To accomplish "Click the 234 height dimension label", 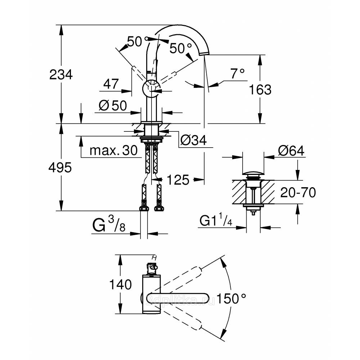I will coord(61,75).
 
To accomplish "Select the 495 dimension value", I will coord(61,167).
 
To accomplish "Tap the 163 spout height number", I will coord(260,89).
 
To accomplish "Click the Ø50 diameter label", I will coord(113,106).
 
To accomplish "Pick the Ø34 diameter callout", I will coord(193,141).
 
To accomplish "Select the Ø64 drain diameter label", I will coord(291,151).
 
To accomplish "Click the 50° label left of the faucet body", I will coord(135,42).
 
